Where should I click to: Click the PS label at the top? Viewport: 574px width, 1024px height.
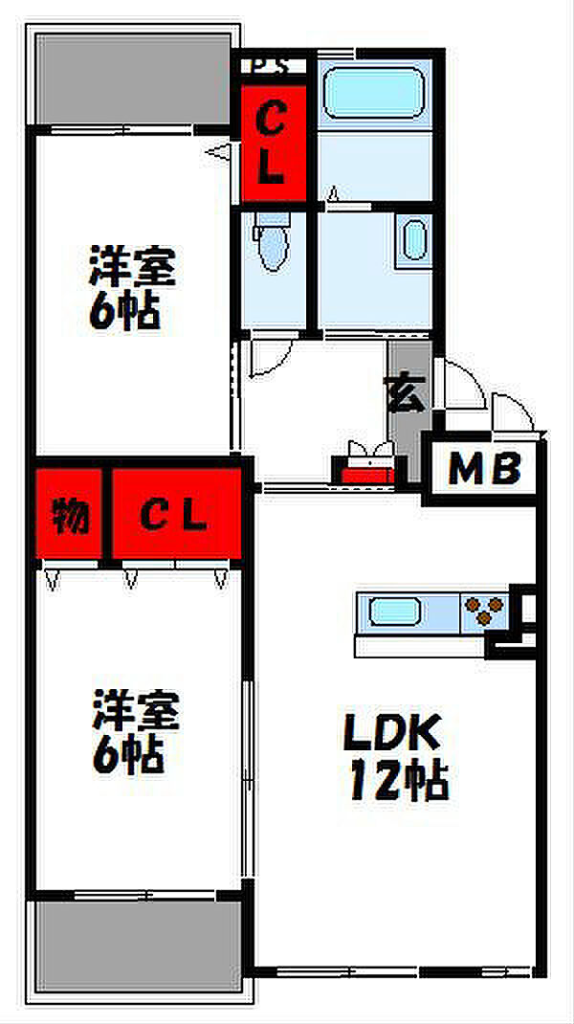coord(271,66)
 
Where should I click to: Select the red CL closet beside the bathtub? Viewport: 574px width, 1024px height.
coord(272,144)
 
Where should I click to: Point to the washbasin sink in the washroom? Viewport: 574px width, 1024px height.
coord(414,238)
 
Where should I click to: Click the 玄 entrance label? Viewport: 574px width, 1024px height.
coord(406,393)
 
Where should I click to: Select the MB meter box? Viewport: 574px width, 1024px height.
coord(485,469)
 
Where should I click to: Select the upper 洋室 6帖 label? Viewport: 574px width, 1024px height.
coord(132,287)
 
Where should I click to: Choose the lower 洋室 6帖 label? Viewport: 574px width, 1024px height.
coord(135,732)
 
